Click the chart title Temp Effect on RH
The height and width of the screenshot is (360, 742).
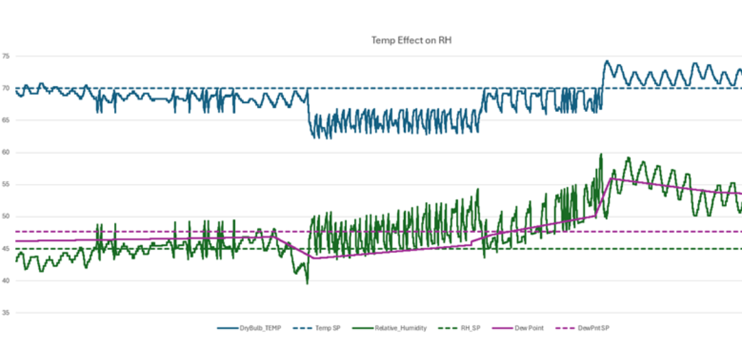pyautogui.click(x=411, y=41)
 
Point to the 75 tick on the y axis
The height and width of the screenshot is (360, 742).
pyautogui.click(x=6, y=56)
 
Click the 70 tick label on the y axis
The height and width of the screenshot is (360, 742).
pyautogui.click(x=6, y=89)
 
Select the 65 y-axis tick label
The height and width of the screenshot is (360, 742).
pyautogui.click(x=6, y=120)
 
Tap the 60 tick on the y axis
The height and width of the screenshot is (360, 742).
pyautogui.click(x=6, y=153)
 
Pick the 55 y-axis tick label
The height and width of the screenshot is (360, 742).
pyautogui.click(x=6, y=185)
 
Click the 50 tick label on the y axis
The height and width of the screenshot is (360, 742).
pyautogui.click(x=6, y=216)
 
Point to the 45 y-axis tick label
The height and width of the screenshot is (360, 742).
pyautogui.click(x=6, y=249)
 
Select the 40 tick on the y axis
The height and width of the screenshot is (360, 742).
pyautogui.click(x=6, y=280)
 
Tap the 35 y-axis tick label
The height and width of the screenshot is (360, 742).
pyautogui.click(x=6, y=313)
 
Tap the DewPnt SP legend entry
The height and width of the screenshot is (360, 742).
pyautogui.click(x=591, y=328)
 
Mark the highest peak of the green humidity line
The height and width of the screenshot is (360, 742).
pyautogui.click(x=601, y=154)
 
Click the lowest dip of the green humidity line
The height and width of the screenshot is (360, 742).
pyautogui.click(x=307, y=283)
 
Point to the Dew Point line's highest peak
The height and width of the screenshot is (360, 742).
pyautogui.click(x=611, y=179)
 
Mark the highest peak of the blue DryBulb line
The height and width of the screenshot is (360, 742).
pyautogui.click(x=606, y=60)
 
